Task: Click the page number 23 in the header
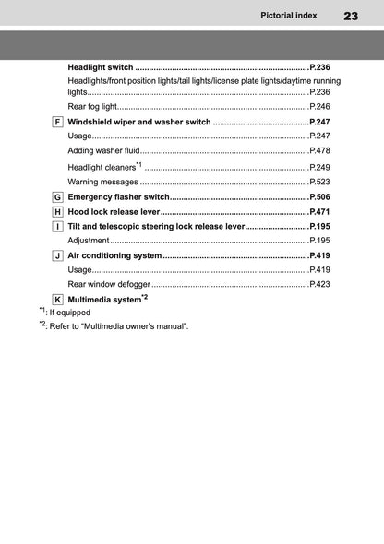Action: tap(351, 16)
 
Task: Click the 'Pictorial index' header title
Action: tap(289, 16)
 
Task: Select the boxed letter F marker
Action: tap(58, 122)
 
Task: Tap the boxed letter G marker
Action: tap(58, 197)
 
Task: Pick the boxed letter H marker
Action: tap(58, 211)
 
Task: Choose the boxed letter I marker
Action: tap(58, 226)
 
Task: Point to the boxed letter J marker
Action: tap(58, 254)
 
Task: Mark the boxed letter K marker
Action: tap(58, 300)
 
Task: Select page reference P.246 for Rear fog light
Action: tap(319, 107)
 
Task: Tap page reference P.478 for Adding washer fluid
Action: tap(319, 150)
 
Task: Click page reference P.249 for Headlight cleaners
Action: tap(319, 167)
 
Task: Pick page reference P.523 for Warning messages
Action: tap(319, 182)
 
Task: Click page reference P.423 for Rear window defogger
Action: tap(319, 284)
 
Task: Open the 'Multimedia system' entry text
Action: tap(104, 300)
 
